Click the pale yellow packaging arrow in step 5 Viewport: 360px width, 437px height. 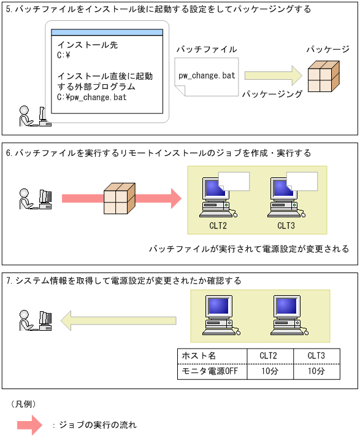(x=273, y=76)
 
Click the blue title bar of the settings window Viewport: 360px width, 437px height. (x=107, y=33)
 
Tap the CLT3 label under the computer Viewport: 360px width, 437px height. (x=286, y=225)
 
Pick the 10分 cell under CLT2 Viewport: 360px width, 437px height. (x=268, y=371)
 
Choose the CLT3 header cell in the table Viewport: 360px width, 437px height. (x=316, y=357)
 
